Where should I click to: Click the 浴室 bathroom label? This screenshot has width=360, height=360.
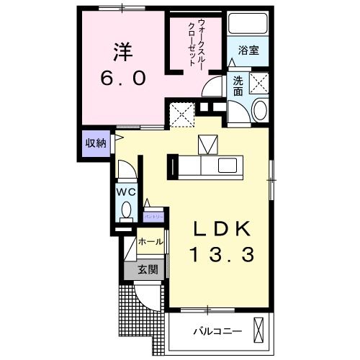click(x=248, y=50)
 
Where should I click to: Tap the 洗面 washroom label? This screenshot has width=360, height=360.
click(x=238, y=86)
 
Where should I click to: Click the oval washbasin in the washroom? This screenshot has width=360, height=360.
click(x=261, y=109)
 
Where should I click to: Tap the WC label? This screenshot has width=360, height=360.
click(x=127, y=192)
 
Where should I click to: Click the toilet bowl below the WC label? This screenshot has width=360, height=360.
click(x=127, y=210)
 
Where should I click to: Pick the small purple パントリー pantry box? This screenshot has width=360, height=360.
click(x=154, y=215)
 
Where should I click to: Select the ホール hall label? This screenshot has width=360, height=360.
click(x=149, y=242)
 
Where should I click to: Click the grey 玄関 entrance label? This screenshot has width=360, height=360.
click(x=148, y=270)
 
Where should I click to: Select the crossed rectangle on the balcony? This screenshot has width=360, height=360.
click(x=259, y=330)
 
